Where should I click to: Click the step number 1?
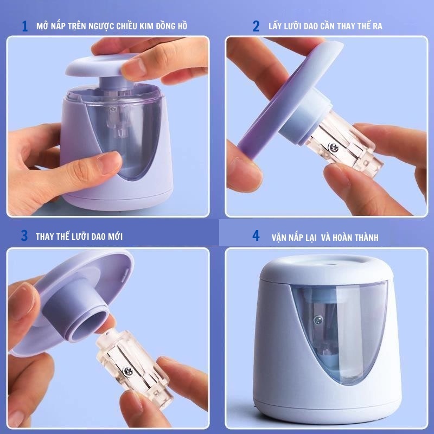[x=25, y=26]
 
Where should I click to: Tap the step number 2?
[x=256, y=26]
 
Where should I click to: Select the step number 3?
[x=24, y=235]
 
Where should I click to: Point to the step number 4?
[x=256, y=235]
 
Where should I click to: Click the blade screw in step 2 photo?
[x=334, y=147]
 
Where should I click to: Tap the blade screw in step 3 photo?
[x=128, y=371]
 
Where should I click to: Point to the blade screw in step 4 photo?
[x=318, y=320]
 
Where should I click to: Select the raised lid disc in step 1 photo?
[x=101, y=65]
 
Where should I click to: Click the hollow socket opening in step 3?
[x=89, y=326]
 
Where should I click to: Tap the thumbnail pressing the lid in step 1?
[x=133, y=67]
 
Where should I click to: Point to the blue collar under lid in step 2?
[x=304, y=117]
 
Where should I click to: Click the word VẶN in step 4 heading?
[x=279, y=238]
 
